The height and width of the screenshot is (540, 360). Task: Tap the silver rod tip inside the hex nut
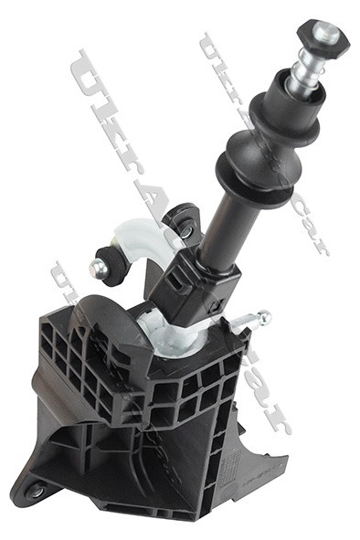(325, 34)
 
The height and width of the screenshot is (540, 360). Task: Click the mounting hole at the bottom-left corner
(36, 492)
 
